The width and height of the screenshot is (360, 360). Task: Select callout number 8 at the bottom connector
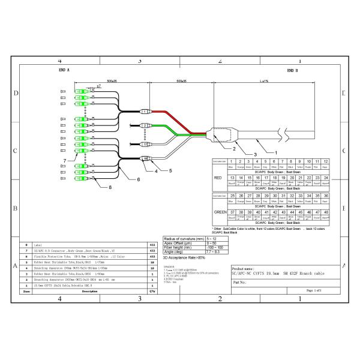[110, 187]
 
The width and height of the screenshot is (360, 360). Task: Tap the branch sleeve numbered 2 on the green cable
[144, 126]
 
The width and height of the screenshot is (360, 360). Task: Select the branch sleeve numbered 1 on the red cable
[143, 112]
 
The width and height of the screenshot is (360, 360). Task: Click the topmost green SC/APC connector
[79, 92]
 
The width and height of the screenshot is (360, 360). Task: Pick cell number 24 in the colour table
[326, 178]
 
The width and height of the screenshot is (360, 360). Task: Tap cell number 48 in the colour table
[326, 212]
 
